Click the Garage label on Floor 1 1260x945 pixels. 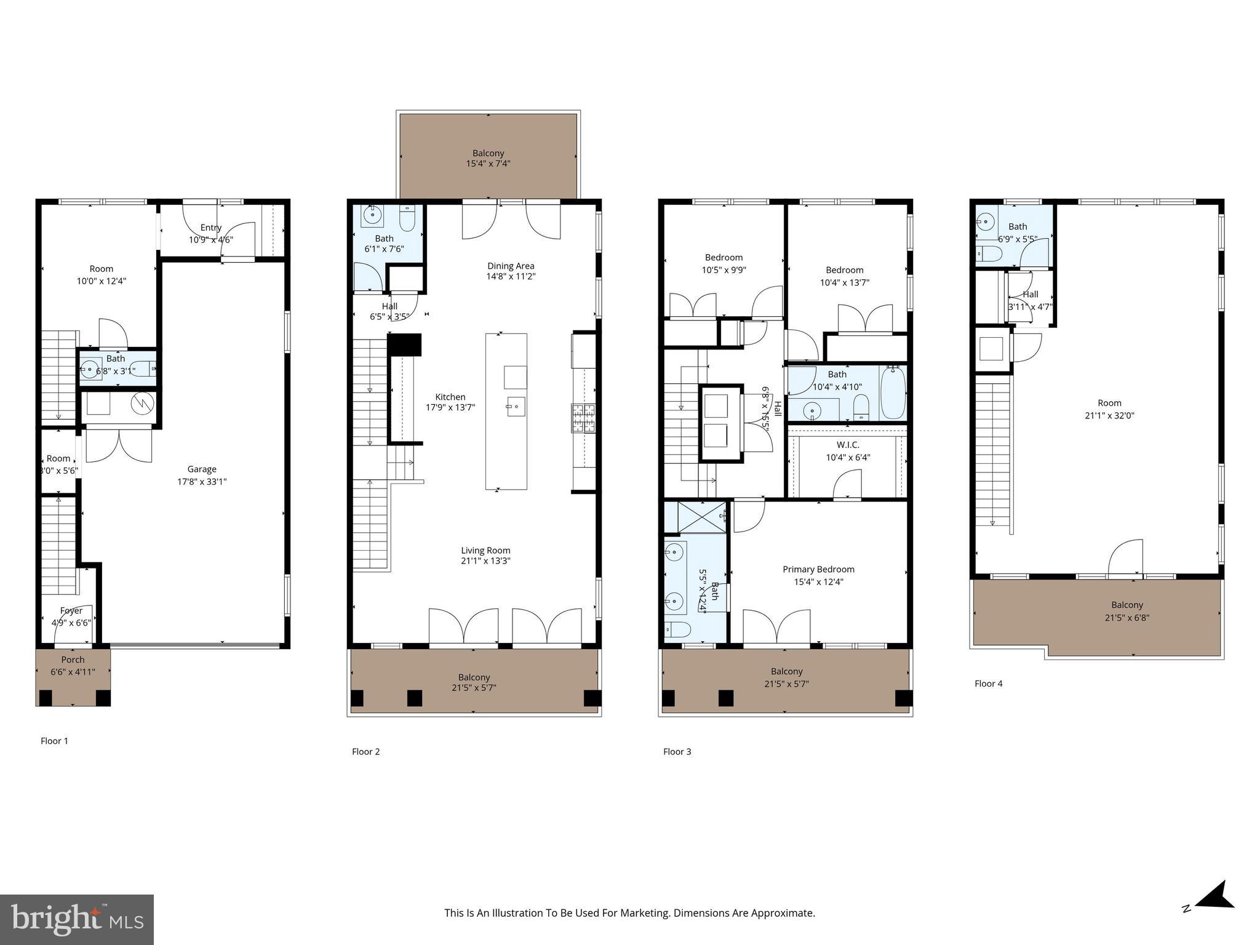[202, 469]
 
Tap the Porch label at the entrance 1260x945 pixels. [73, 660]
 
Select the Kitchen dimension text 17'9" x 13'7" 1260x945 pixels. [450, 407]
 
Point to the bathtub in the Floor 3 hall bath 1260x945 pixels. [892, 392]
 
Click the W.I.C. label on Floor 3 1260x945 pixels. [848, 445]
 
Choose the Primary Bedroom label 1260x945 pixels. [818, 569]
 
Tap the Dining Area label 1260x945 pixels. [511, 266]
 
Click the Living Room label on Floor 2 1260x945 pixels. [485, 550]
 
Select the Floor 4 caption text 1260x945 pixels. [988, 684]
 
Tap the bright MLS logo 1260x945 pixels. [77, 919]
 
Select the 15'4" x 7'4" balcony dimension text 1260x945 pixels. [488, 164]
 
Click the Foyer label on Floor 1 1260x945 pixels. [71, 611]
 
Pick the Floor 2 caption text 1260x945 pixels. [365, 751]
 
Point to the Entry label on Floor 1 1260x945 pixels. [210, 228]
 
